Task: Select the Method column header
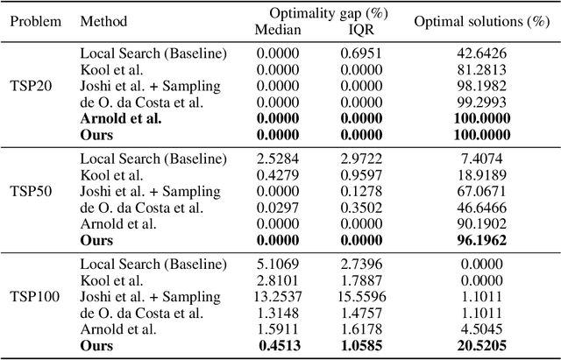point(103,20)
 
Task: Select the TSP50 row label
point(34,191)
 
